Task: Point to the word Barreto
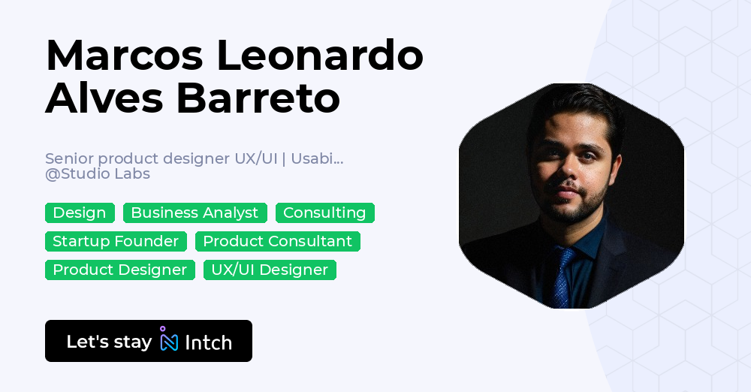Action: [x=258, y=98]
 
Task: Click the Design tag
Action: [x=80, y=213]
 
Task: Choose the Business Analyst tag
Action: [x=195, y=213]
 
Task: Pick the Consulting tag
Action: [x=324, y=213]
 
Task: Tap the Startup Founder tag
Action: [x=116, y=242]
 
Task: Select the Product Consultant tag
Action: [x=277, y=242]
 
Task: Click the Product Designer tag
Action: [x=119, y=270]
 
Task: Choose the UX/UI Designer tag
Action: [x=270, y=270]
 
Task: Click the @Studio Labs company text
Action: [x=98, y=174]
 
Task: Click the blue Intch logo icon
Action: [x=168, y=340]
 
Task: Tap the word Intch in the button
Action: [x=208, y=342]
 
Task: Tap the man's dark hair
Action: [x=578, y=109]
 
